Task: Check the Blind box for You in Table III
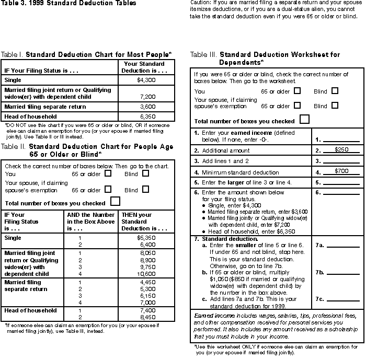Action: coord(335,90)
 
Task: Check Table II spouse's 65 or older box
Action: coord(108,189)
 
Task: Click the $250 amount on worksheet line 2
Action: coord(342,149)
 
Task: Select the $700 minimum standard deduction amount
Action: coord(342,171)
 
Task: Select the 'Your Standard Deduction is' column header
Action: coord(145,67)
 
